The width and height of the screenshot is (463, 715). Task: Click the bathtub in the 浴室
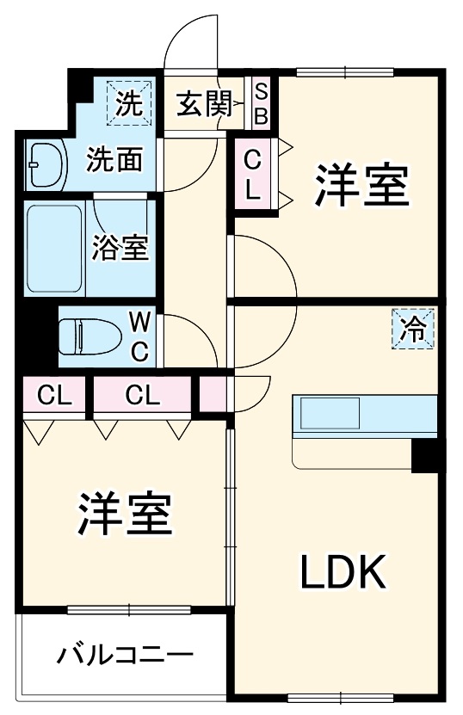pos(56,248)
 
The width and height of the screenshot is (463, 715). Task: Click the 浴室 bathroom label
pos(122,248)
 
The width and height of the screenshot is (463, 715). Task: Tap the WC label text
pos(140,336)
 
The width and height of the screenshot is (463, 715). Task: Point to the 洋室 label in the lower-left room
pos(127,514)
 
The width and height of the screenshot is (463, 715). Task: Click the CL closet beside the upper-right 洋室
pos(252,175)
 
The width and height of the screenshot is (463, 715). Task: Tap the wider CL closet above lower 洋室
pos(143,396)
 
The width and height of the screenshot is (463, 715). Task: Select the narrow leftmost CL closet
pos(52,396)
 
